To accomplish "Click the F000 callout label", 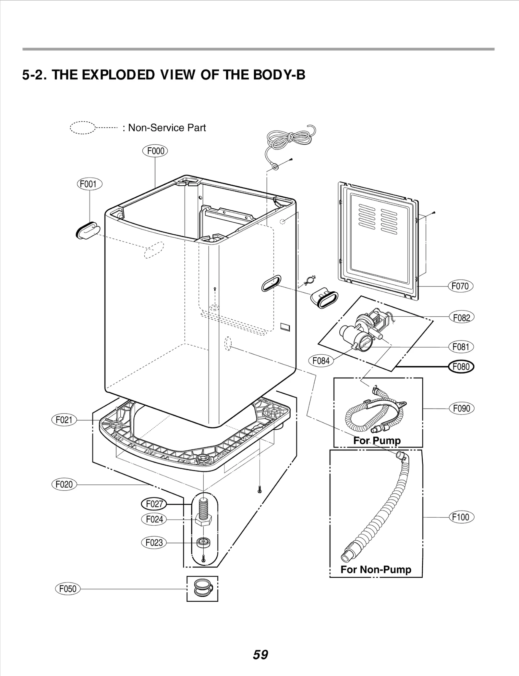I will tap(155, 151).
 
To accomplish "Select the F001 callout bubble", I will tap(90, 184).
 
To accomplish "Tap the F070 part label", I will tap(460, 286).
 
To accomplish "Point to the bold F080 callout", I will tap(461, 367).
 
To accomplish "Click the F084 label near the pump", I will tap(321, 361).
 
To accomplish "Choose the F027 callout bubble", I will tap(154, 504).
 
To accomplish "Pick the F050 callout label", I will tap(68, 589).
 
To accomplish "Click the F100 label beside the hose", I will tap(461, 517).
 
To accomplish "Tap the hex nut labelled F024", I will tap(203, 520).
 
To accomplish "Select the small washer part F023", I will tap(203, 542).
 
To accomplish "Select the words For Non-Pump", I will tap(376, 569).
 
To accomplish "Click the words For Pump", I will tap(377, 440).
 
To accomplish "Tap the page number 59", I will tap(260, 655).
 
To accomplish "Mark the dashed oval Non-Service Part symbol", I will tap(82, 128).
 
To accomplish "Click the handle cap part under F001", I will tap(86, 230).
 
